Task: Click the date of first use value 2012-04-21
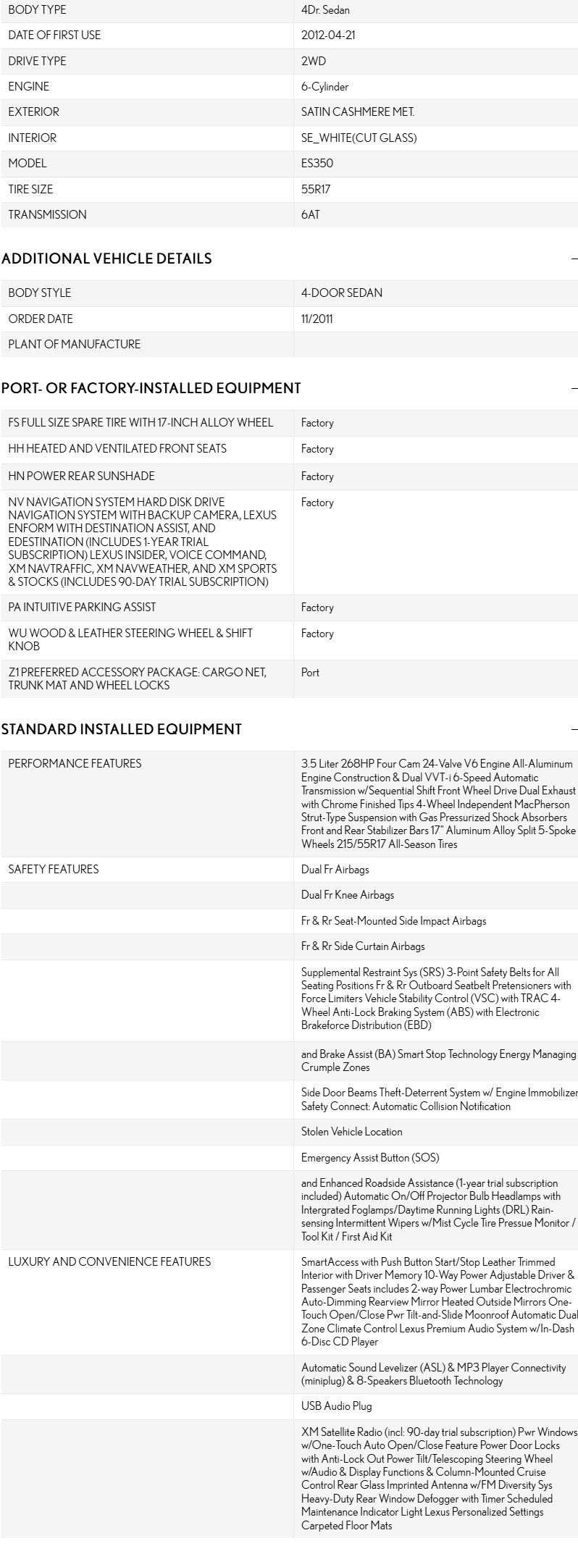pos(328,35)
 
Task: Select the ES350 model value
pos(317,164)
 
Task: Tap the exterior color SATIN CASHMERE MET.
pos(358,112)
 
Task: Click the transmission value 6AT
pos(310,215)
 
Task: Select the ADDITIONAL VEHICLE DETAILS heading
pos(106,259)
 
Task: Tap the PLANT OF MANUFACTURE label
pos(75,344)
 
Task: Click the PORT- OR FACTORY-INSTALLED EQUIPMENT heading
pos(151,388)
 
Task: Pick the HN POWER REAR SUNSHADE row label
pos(81,476)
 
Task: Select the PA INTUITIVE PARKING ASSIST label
pos(82,607)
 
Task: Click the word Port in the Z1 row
pos(310,672)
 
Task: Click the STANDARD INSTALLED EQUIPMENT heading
pos(122,729)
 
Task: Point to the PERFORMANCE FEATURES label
pos(75,763)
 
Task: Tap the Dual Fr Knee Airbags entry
pos(348,895)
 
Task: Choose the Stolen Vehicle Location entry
pos(352,1131)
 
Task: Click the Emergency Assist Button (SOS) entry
pos(370,1157)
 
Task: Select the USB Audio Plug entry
pos(337,1406)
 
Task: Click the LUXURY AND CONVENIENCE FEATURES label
pos(109,1261)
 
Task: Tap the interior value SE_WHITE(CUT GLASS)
pos(359,138)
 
